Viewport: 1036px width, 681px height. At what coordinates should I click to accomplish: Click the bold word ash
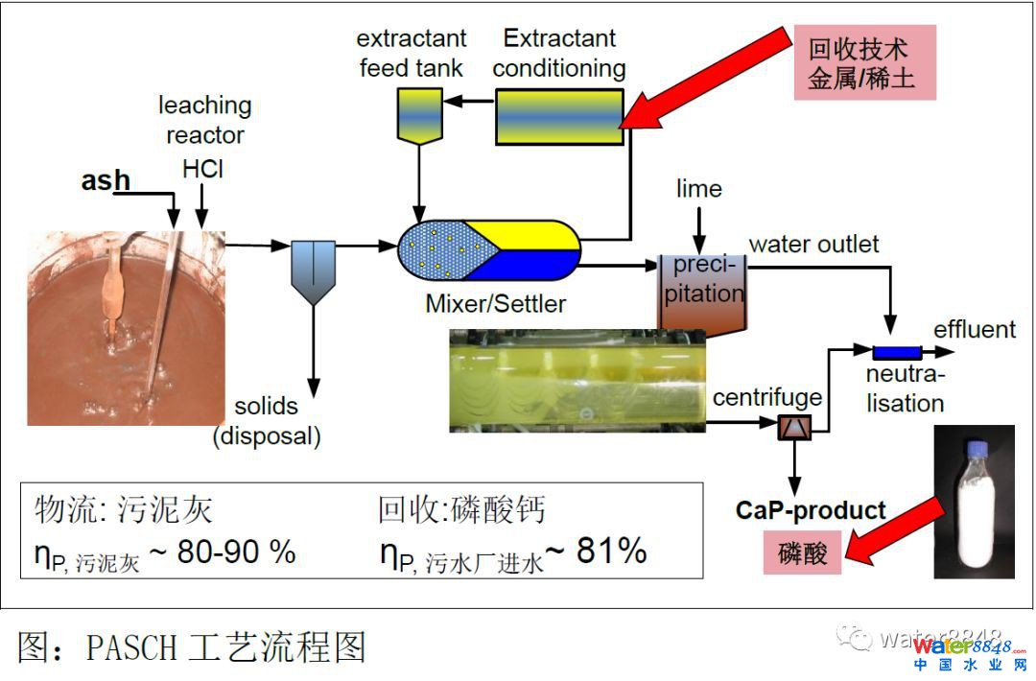click(106, 180)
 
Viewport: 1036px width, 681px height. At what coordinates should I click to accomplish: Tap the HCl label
click(202, 169)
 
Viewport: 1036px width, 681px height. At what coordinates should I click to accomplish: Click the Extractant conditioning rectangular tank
click(558, 117)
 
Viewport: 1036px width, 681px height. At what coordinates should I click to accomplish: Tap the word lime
click(698, 188)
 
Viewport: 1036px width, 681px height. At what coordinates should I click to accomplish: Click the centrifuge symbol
click(794, 428)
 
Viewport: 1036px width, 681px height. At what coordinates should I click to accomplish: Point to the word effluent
click(974, 330)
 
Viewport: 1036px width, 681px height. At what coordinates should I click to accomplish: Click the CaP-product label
click(811, 510)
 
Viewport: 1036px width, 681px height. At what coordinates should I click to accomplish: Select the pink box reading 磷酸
click(803, 553)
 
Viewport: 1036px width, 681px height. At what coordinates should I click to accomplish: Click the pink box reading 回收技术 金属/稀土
click(864, 63)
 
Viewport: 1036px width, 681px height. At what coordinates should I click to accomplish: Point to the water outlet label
click(813, 245)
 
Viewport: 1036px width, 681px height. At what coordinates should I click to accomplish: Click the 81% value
click(611, 551)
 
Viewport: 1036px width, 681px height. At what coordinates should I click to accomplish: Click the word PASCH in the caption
click(131, 648)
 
